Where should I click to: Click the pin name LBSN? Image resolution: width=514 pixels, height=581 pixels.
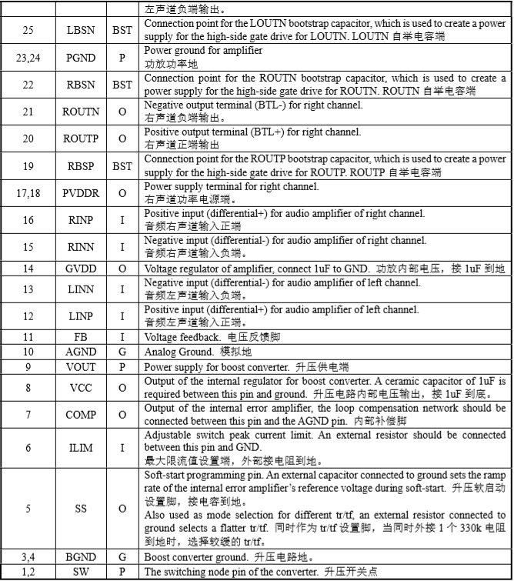pos(80,31)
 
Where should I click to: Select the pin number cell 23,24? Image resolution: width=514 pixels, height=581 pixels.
pos(28,56)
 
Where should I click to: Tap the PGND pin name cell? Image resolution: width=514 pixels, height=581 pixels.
pos(80,56)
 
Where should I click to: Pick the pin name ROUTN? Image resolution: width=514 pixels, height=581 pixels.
pos(80,112)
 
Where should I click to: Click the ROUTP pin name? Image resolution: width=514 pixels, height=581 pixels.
pos(80,139)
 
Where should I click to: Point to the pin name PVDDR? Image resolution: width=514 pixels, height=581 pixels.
pos(80,193)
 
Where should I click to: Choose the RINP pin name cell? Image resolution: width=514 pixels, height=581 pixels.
pos(80,220)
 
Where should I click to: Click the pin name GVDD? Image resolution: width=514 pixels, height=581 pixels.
pos(80,269)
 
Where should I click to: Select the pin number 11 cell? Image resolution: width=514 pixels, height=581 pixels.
pos(28,337)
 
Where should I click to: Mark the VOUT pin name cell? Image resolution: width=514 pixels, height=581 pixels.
pos(80,367)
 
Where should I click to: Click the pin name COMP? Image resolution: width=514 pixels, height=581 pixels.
pos(80,415)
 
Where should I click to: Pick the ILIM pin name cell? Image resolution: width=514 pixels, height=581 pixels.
pos(80,448)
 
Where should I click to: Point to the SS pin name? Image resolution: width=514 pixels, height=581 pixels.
pos(80,509)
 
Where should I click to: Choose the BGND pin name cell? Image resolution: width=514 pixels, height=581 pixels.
pos(80,557)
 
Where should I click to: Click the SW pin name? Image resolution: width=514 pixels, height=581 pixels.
pos(80,572)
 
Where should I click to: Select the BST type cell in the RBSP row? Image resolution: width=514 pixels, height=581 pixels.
pos(122,166)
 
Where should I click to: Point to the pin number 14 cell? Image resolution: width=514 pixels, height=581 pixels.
pos(28,269)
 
